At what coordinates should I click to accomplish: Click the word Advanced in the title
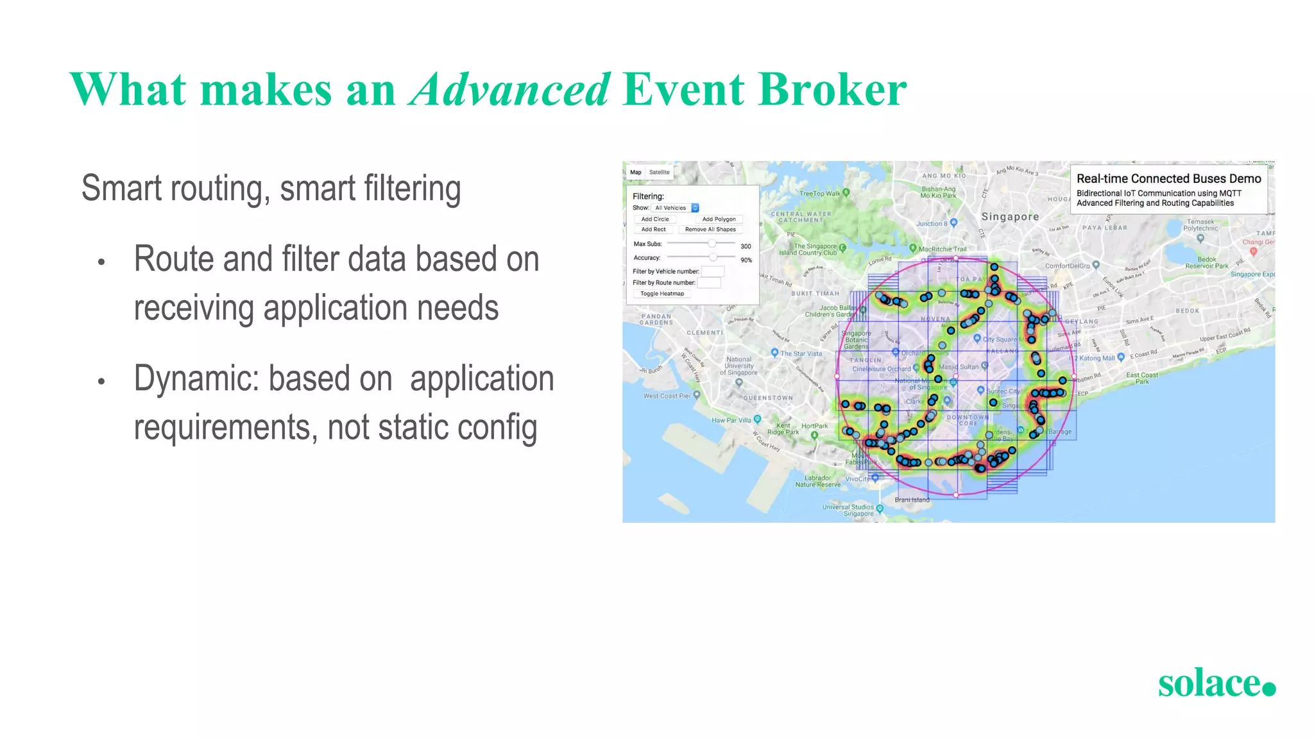point(510,90)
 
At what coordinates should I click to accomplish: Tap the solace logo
point(1216,684)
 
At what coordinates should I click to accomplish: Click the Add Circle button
point(655,219)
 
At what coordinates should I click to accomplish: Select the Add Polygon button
point(719,219)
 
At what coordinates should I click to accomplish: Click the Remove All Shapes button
point(710,230)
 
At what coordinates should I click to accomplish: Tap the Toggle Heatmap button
point(662,294)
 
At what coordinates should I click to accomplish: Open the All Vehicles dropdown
point(675,208)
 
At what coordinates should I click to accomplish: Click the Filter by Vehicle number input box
point(712,271)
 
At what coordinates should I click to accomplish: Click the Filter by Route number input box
point(709,283)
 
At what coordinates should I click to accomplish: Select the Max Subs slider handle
point(712,244)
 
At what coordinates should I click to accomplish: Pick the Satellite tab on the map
point(659,172)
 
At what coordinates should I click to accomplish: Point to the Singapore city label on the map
point(1010,217)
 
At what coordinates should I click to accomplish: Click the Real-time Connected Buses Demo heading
point(1168,179)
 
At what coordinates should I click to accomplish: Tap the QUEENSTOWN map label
point(768,398)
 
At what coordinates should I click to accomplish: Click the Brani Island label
point(912,500)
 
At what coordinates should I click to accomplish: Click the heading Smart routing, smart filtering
point(271,189)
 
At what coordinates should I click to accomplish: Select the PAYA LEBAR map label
point(1104,228)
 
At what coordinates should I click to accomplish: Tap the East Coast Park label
point(1142,378)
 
